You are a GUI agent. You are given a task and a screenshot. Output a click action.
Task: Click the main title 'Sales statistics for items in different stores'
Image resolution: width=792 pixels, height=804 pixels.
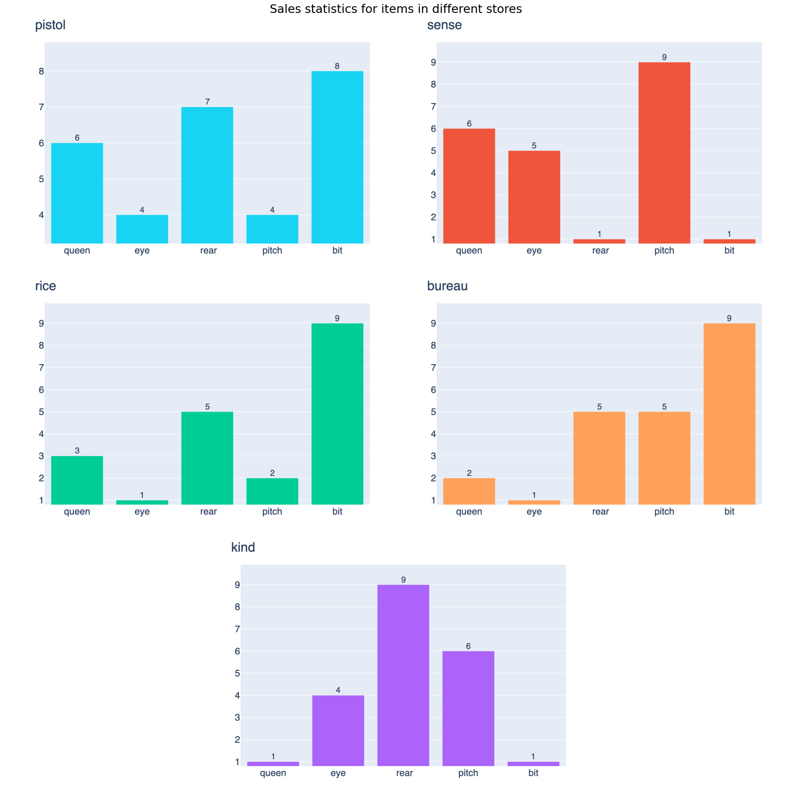[395, 9]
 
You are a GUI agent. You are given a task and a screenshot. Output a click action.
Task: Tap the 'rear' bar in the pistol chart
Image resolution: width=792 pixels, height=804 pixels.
[207, 175]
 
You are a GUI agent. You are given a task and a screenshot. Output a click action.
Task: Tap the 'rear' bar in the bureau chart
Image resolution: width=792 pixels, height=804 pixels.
[599, 458]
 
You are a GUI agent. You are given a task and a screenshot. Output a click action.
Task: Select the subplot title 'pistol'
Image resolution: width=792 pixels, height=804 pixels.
[50, 25]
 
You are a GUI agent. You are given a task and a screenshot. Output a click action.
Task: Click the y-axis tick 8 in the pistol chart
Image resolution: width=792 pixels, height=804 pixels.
[41, 71]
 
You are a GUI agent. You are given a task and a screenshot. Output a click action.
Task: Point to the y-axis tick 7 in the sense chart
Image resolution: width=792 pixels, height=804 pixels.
[433, 107]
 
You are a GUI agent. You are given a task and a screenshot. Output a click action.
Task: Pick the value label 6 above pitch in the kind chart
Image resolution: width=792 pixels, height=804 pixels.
[468, 646]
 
